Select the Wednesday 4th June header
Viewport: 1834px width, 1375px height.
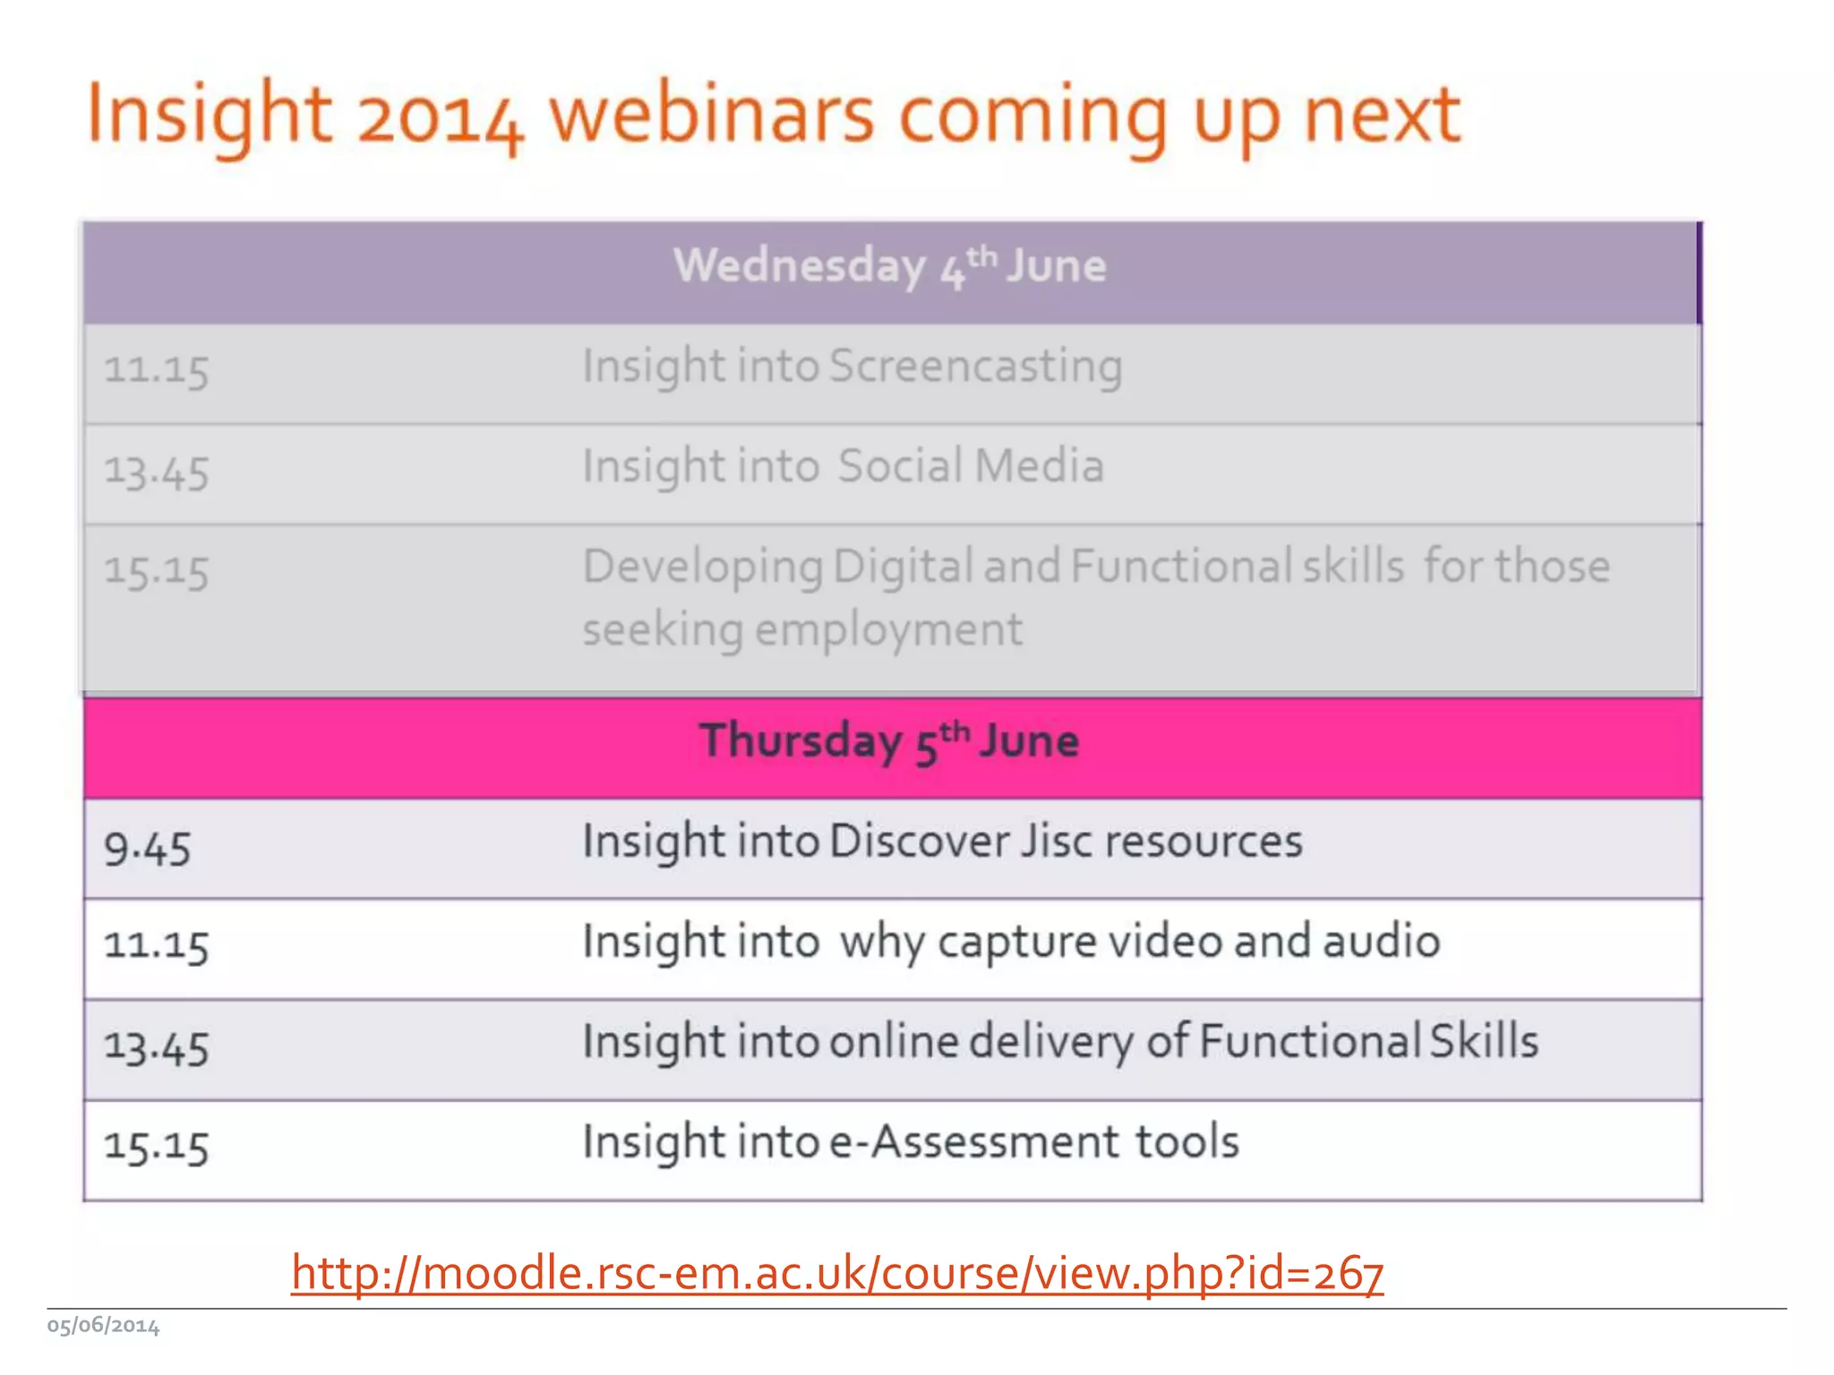point(889,267)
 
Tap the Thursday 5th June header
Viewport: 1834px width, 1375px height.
point(889,741)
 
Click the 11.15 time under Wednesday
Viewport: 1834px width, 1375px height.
point(157,370)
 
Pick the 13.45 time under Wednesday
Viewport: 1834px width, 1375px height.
point(157,472)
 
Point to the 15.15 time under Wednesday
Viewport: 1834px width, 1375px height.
point(157,571)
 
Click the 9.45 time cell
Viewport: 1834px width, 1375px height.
point(148,849)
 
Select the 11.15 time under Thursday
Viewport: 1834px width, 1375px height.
point(157,945)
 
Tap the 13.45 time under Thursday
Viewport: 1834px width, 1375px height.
point(157,1047)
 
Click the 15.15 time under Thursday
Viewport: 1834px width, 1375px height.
point(157,1147)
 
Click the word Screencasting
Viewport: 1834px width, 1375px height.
point(975,367)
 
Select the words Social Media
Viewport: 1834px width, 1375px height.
point(971,466)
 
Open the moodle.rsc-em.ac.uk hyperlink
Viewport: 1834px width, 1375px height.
point(837,1272)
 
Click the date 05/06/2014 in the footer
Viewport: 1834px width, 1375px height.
point(103,1326)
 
